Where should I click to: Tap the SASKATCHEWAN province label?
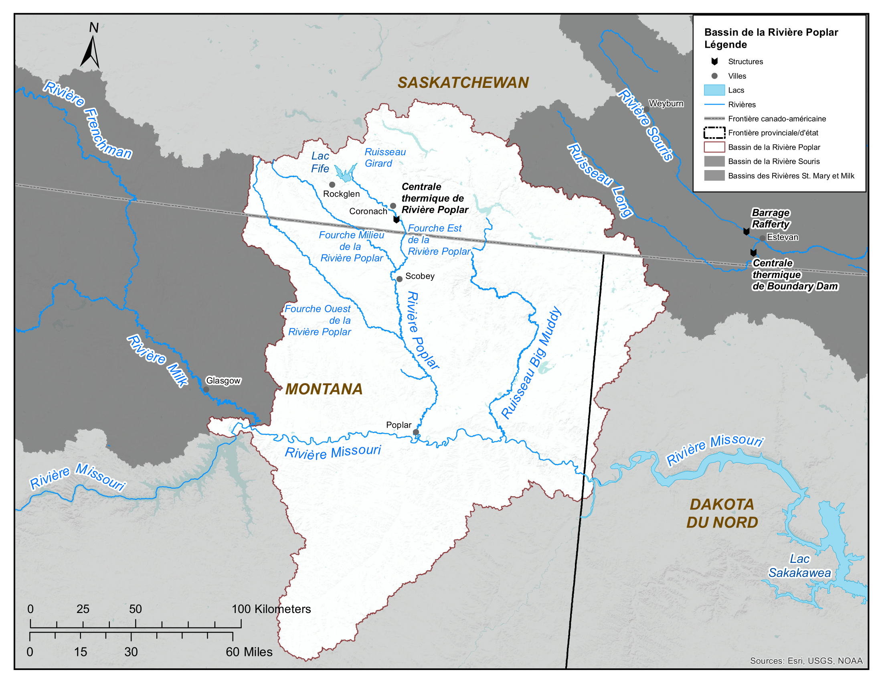click(x=463, y=82)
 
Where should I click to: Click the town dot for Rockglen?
click(x=332, y=185)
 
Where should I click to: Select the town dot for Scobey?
click(x=399, y=279)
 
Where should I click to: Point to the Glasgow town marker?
click(x=206, y=390)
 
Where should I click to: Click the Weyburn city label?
click(x=666, y=104)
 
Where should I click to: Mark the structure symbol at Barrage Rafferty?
click(x=746, y=231)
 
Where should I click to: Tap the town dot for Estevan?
click(x=762, y=238)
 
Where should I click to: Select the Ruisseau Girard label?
click(x=384, y=158)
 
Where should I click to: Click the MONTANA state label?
click(x=324, y=389)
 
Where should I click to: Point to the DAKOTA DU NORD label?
click(x=722, y=514)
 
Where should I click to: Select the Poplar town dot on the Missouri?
click(x=416, y=432)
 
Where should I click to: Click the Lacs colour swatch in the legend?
click(x=714, y=90)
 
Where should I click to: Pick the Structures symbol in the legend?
click(x=714, y=61)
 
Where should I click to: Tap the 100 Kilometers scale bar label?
click(x=271, y=609)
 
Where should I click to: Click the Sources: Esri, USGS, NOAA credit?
click(x=806, y=661)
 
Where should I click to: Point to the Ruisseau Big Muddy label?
click(x=531, y=362)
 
